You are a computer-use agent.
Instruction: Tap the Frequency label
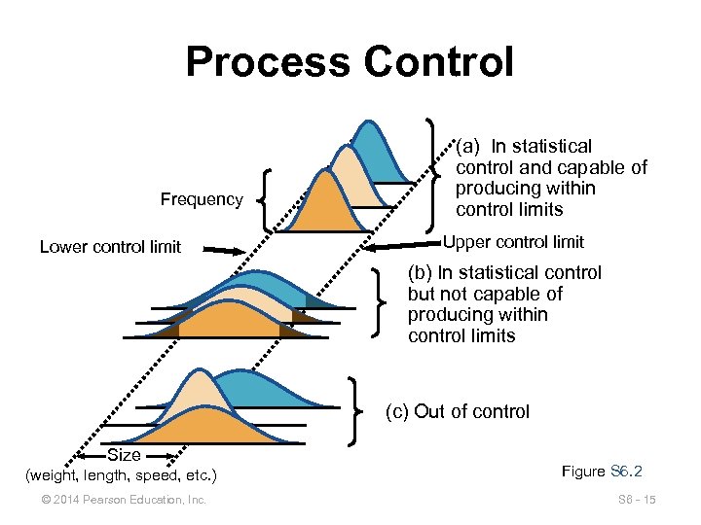(202, 199)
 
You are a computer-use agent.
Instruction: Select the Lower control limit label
(110, 247)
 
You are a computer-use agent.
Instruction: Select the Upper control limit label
(513, 242)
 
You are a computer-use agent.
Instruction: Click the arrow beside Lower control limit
(225, 250)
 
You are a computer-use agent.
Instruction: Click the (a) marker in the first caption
(468, 147)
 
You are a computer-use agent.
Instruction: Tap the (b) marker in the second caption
(420, 273)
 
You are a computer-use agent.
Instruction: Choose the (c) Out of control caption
(458, 411)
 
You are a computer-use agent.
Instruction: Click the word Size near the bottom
(124, 455)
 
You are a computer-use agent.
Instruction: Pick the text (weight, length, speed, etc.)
(122, 475)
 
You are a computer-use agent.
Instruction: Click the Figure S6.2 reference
(603, 472)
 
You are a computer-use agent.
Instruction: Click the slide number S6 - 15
(637, 500)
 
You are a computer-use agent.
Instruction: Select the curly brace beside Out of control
(357, 405)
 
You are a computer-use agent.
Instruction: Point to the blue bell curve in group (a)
(376, 156)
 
